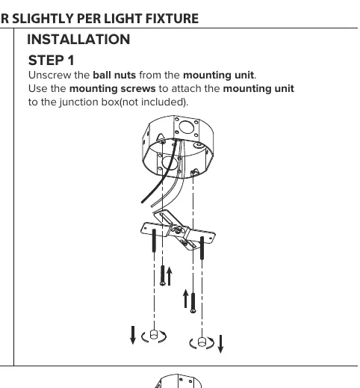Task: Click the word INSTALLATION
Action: [x=78, y=40]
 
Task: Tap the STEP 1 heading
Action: [x=52, y=61]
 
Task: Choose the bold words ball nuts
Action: [x=114, y=75]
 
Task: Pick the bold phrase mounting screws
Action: [x=113, y=89]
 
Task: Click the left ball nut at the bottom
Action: [x=154, y=334]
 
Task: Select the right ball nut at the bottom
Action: [x=202, y=342]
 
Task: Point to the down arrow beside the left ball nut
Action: [x=133, y=335]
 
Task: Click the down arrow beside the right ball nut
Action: [x=220, y=344]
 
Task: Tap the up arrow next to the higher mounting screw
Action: [x=170, y=276]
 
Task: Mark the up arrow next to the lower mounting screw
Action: [x=185, y=298]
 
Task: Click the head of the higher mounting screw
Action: [x=163, y=283]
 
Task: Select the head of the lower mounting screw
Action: [x=193, y=311]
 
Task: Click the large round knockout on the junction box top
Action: [x=186, y=127]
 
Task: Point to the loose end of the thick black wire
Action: [x=142, y=202]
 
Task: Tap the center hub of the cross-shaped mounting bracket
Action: [x=178, y=231]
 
